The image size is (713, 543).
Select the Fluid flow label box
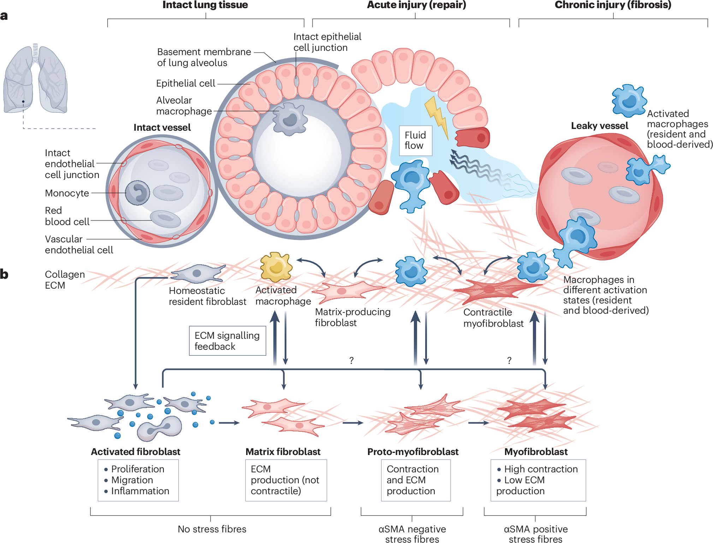coord(416,141)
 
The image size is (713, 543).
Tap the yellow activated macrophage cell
coord(276,267)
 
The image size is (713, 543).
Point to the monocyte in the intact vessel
coord(137,193)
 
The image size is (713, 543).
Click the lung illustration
coord(35,78)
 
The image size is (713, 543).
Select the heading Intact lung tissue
coord(205,5)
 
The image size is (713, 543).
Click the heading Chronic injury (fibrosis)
coord(613,5)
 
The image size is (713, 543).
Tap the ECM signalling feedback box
coord(227,341)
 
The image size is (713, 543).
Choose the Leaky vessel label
coord(599,126)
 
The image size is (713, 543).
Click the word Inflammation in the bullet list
coord(140,491)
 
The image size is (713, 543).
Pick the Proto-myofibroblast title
coord(413,452)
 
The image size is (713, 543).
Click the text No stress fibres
coord(212,529)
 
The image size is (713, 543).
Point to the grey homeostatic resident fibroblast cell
coord(198,273)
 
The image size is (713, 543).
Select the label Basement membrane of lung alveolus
coord(204,57)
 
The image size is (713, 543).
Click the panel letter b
coord(4,274)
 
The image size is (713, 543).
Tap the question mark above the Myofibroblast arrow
coord(509,360)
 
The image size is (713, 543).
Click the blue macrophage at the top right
coord(629,101)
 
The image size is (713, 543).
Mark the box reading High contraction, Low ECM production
coord(538,480)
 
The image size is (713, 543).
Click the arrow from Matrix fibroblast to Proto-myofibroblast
coord(353,423)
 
